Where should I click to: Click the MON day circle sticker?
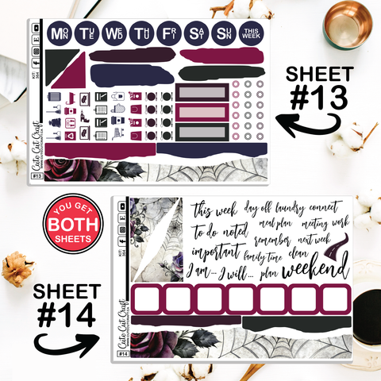click(59, 34)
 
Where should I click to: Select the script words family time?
click(265, 256)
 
